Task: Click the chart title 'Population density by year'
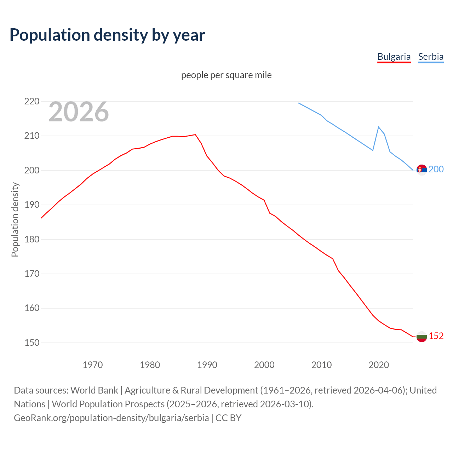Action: click(107, 35)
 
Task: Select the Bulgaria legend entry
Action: click(394, 57)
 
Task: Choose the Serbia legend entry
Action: click(431, 57)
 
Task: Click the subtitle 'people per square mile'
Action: click(226, 75)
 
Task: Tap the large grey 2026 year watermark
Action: click(79, 112)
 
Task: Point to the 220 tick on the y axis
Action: click(32, 102)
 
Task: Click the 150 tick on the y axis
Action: click(32, 343)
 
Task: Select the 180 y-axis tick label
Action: click(32, 239)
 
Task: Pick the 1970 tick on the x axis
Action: click(93, 365)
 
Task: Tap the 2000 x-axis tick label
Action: click(264, 365)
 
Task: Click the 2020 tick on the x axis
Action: click(379, 365)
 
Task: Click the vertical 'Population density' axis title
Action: click(15, 219)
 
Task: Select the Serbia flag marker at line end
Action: click(422, 170)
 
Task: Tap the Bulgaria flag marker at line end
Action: click(422, 337)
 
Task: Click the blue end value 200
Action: click(436, 170)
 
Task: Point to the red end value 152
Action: click(436, 336)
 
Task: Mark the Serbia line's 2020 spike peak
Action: click(379, 127)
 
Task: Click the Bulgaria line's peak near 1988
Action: click(195, 134)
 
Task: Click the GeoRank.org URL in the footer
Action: click(111, 418)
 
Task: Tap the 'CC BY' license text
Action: click(229, 418)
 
